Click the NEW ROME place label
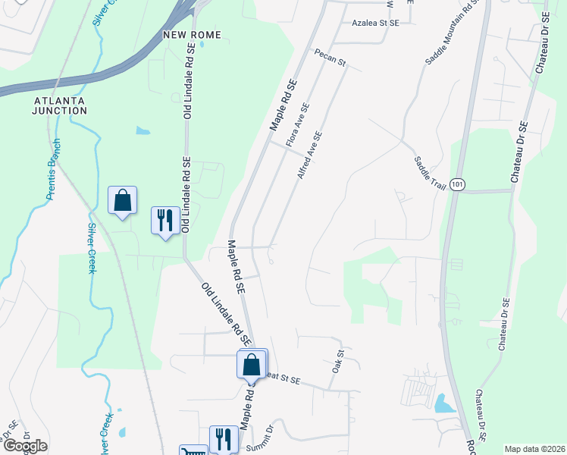(191, 36)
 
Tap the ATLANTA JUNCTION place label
(60, 105)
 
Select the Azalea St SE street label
(374, 23)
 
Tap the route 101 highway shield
(456, 184)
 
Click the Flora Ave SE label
(297, 125)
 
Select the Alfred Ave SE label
(310, 155)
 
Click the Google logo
(25, 446)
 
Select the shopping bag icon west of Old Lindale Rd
(122, 201)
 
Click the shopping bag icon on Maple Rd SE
(252, 364)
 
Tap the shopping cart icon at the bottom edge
(193, 451)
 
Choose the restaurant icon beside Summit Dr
(224, 438)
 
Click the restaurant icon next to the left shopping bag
(165, 221)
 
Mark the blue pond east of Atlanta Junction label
(143, 130)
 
